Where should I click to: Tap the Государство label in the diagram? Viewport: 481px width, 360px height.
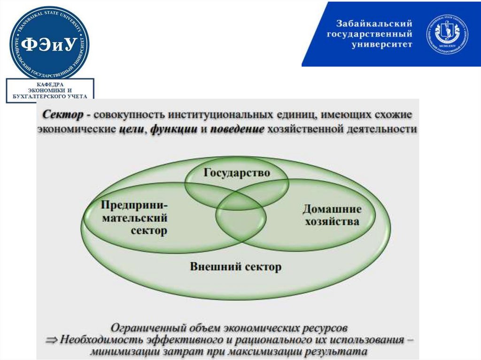[x=237, y=173]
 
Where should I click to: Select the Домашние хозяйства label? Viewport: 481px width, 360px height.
[x=332, y=214]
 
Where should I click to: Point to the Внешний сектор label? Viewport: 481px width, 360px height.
[x=235, y=267]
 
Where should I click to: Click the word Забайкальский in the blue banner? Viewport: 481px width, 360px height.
[x=374, y=23]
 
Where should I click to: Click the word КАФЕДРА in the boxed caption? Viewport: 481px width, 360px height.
[x=50, y=84]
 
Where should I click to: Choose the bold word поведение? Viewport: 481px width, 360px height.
[x=237, y=130]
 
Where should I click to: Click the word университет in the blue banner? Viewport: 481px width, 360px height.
[x=382, y=45]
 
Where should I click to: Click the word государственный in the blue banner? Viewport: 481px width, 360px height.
[x=375, y=34]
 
